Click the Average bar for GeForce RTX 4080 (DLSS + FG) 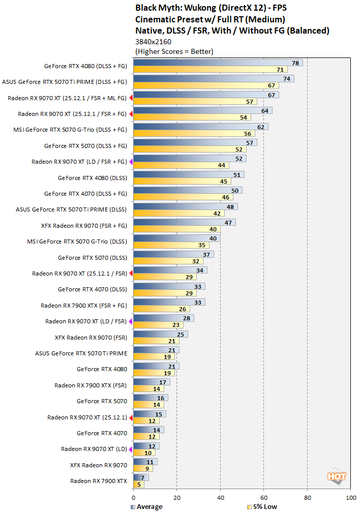[218, 63]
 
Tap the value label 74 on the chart [287, 79]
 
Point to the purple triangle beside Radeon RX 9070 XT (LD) [131, 449]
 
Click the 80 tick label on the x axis [307, 498]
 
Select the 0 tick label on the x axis [133, 498]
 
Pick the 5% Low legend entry [261, 506]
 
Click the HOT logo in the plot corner [337, 477]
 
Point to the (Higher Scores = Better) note [174, 51]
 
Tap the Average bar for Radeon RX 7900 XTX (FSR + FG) [169, 302]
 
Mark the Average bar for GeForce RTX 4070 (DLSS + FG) [188, 190]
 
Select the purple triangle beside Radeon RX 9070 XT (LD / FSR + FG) [131, 162]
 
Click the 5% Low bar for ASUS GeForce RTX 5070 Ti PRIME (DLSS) [178, 214]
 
